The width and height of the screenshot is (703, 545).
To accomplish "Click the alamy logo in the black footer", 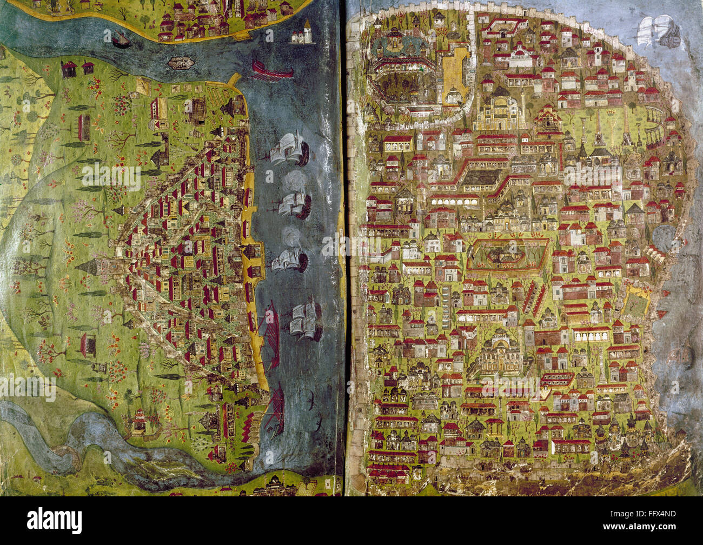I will coord(55,521).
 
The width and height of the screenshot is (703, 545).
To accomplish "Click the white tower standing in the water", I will coord(302,34).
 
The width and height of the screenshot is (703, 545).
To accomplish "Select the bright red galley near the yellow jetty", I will coord(271,71).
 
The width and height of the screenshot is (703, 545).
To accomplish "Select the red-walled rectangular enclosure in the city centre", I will coord(507,255).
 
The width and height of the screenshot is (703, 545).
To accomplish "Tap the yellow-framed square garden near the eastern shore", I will coord(636,303).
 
